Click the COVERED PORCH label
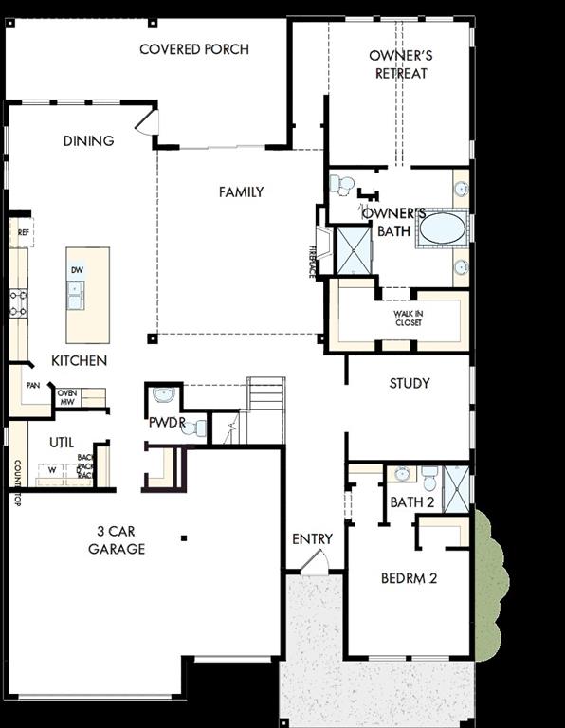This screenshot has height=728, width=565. tap(194, 49)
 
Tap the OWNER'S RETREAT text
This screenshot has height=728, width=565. tap(401, 64)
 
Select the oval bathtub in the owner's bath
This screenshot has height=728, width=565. tap(442, 228)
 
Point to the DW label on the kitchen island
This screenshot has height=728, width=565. tap(77, 270)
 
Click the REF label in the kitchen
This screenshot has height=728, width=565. tap(24, 231)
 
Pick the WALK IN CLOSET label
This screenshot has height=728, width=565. tap(408, 318)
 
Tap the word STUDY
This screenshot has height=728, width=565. tap(410, 383)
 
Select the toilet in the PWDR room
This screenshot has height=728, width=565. tap(194, 428)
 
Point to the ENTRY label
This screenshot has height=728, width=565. tap(312, 539)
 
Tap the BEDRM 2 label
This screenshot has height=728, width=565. tap(410, 577)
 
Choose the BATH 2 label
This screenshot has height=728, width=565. tap(412, 501)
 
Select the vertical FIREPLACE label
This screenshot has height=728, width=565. tap(312, 261)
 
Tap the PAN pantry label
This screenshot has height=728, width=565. tap(32, 386)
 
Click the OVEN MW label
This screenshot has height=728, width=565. tap(67, 397)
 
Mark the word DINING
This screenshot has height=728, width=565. tap(88, 140)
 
